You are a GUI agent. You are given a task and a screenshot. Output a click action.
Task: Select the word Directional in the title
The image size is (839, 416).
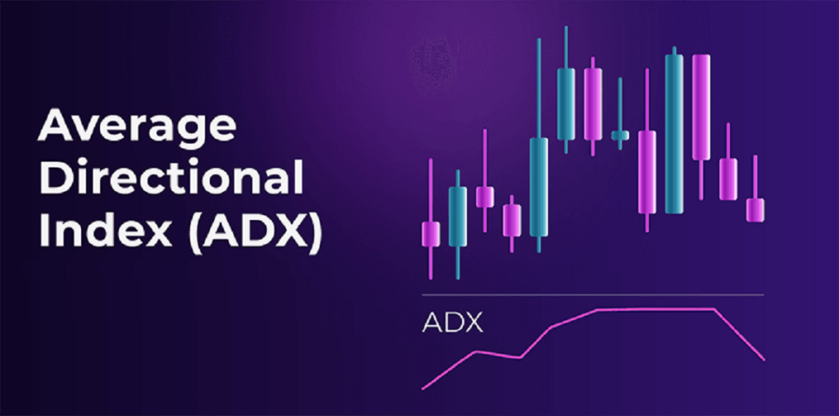tap(170, 180)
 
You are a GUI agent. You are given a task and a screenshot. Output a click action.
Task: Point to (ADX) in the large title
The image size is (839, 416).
tap(255, 231)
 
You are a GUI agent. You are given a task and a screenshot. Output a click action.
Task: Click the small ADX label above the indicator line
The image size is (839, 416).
tap(452, 322)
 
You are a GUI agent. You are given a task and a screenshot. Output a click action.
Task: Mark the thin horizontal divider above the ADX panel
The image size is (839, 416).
tap(592, 294)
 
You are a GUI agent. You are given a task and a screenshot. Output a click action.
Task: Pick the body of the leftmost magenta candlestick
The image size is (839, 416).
tap(431, 234)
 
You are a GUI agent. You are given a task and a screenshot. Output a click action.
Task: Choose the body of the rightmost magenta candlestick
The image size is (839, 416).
tap(755, 209)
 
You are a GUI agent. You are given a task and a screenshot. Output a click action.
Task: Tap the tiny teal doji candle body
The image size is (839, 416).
tap(620, 135)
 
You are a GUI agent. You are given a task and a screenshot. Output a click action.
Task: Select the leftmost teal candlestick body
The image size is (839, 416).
tap(457, 217)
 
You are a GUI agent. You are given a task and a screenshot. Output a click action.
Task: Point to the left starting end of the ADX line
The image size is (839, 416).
tap(423, 388)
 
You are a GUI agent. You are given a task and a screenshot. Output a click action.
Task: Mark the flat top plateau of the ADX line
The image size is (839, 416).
tap(655, 309)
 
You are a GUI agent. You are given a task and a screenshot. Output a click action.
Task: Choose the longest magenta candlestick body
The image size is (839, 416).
tap(700, 107)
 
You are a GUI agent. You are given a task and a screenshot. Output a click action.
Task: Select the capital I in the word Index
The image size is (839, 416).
tap(45, 231)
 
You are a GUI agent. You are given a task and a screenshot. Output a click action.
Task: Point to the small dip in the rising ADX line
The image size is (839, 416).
tap(519, 357)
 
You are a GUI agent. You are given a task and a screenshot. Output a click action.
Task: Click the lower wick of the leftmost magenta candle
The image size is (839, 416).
tap(431, 263)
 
